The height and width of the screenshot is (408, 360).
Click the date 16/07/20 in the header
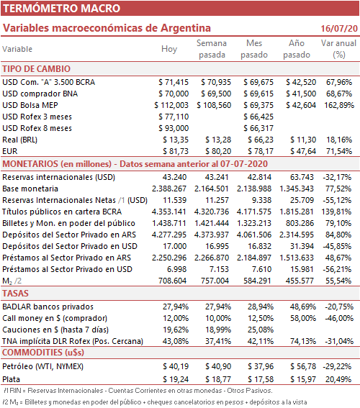(339, 28)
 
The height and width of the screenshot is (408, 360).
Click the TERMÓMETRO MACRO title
(61, 9)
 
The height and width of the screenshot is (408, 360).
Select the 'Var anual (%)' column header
(338, 49)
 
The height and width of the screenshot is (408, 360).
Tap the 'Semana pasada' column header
(212, 49)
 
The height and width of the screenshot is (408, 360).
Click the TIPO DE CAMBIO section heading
(37, 69)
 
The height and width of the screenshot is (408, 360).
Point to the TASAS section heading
(15, 294)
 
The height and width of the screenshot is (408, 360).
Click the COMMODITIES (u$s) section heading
(43, 353)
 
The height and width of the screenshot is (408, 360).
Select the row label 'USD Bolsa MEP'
(30, 105)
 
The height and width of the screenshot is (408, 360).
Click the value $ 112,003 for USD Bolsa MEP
(171, 105)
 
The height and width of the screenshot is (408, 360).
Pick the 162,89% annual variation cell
(339, 105)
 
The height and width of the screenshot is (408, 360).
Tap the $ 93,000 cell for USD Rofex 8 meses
(174, 128)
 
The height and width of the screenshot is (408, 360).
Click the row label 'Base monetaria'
(30, 189)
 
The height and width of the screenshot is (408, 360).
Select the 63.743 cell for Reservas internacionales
(302, 177)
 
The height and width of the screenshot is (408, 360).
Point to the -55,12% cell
(338, 200)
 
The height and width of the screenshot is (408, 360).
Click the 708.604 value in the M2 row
(172, 281)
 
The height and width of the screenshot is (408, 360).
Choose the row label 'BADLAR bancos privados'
(48, 307)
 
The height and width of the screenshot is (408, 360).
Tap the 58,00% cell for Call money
(303, 318)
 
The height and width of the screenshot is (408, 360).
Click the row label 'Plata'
(12, 379)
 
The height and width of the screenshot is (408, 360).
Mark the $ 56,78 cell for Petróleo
(303, 367)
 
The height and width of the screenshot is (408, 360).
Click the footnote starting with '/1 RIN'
(138, 391)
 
